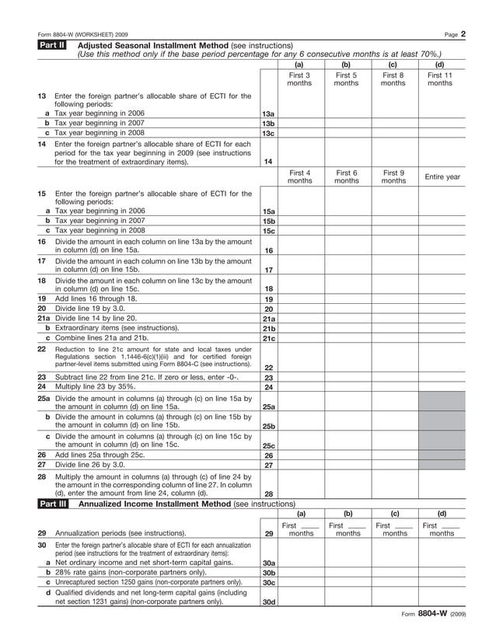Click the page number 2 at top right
[462, 34]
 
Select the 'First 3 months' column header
[299, 79]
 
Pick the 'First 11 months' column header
[440, 79]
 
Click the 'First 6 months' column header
[347, 177]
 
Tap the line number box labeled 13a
[268, 113]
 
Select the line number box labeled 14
[268, 162]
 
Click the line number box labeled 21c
[268, 338]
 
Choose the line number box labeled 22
[268, 367]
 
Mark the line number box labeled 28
[268, 493]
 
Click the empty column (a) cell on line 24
[299, 387]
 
